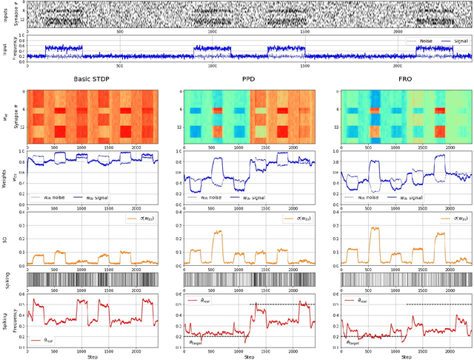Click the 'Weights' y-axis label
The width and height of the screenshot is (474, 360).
(x=5, y=177)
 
